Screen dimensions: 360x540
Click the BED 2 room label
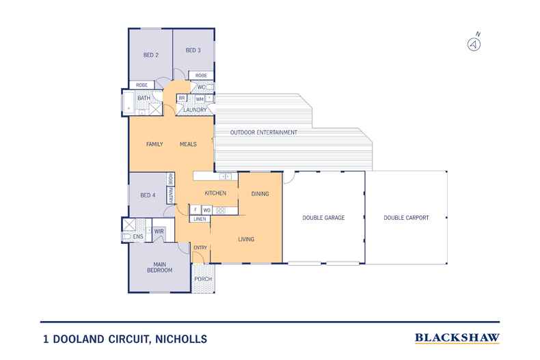[150, 55]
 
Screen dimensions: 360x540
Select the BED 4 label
[148, 195]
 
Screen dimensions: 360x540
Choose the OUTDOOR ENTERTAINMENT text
[263, 132]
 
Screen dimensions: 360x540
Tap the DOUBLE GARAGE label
[323, 218]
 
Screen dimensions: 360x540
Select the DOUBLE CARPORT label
[405, 218]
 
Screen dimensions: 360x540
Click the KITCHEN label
[215, 193]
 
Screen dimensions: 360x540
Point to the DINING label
[260, 193]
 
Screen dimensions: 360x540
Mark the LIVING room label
[246, 239]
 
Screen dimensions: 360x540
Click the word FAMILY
[157, 145]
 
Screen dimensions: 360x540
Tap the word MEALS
[188, 145]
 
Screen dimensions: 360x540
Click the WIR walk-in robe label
[159, 232]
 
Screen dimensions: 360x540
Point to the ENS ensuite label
[137, 236]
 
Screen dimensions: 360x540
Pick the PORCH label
[202, 279]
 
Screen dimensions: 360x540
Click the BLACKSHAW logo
[457, 337]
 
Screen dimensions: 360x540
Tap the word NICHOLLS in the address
[177, 338]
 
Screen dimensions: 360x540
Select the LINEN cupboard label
[200, 219]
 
